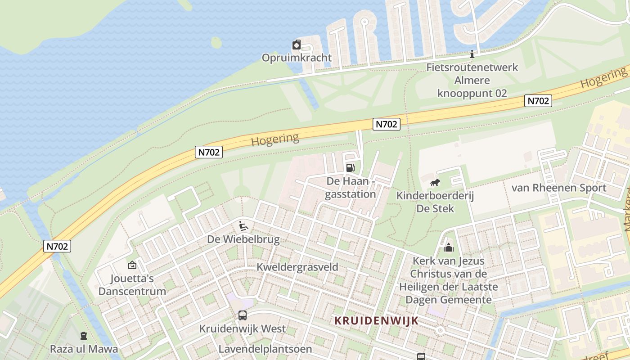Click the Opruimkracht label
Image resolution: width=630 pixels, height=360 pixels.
[x=297, y=58]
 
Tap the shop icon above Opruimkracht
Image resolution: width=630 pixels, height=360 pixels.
[x=297, y=45]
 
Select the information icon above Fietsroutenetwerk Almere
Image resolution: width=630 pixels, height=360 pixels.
[x=472, y=54]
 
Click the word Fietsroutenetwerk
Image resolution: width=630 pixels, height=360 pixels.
[x=472, y=67]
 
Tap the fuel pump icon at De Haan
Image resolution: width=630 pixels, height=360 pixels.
[x=350, y=168]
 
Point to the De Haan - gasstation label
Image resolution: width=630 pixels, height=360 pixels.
[x=350, y=188]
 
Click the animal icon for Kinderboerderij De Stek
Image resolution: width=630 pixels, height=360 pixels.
[x=435, y=183]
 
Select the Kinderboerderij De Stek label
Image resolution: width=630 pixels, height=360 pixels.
[x=435, y=202]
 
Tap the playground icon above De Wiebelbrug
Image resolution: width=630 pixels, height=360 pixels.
[x=243, y=225]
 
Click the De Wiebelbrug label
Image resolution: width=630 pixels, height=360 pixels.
[x=243, y=239]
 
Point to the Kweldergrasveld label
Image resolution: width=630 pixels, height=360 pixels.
[x=297, y=267]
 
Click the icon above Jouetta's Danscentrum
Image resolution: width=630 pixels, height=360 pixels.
[x=132, y=265]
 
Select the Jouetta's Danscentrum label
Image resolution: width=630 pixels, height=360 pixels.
[x=132, y=284]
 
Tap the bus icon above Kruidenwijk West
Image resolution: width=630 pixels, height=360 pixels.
[x=243, y=315]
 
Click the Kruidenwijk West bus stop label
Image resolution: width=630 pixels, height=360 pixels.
[x=243, y=328]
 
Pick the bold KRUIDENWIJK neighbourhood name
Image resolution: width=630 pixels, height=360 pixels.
[x=377, y=320]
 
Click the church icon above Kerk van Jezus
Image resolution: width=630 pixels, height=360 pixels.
[x=448, y=247]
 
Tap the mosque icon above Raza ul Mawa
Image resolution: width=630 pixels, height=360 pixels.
[x=84, y=336]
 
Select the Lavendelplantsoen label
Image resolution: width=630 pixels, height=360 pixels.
[x=259, y=349]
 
